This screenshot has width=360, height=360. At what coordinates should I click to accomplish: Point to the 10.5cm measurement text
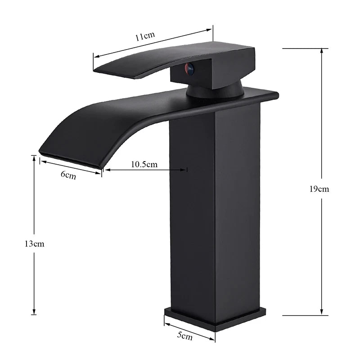point(144,164)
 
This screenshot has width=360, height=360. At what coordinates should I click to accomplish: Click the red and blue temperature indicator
point(189,68)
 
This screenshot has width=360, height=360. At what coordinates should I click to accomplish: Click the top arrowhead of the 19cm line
point(321,49)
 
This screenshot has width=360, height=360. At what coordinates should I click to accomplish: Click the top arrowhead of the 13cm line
point(34,157)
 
